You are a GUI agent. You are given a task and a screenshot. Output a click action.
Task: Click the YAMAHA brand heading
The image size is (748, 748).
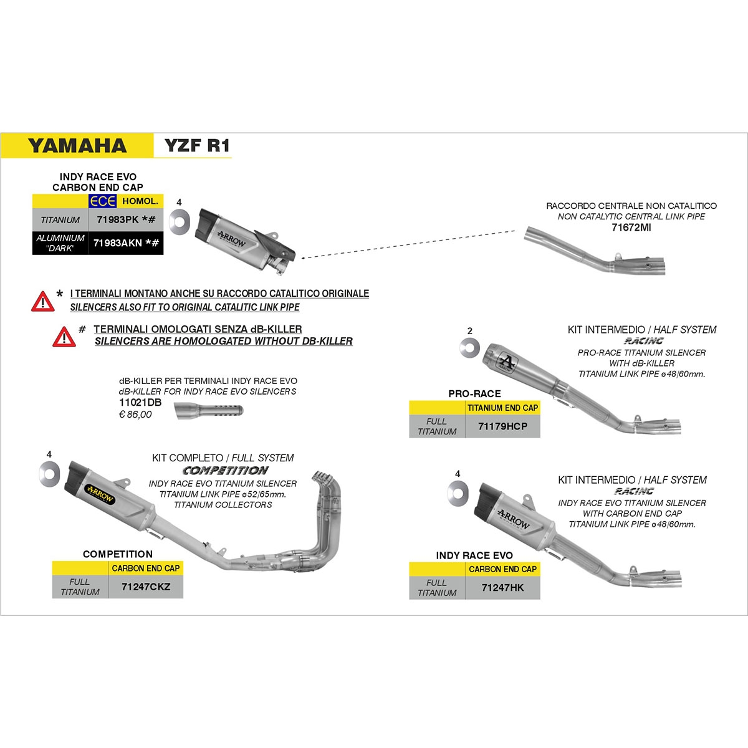pos(77,146)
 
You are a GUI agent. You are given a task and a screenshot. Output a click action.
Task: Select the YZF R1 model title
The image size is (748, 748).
pos(197,146)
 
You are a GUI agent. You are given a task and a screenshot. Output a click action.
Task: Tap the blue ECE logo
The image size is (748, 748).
pos(102,201)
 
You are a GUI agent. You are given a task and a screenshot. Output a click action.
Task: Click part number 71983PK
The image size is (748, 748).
pos(118,219)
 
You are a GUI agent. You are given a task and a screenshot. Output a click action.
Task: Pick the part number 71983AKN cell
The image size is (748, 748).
pos(126,243)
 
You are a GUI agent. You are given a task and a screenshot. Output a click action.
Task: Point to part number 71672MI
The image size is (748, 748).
pos(631,228)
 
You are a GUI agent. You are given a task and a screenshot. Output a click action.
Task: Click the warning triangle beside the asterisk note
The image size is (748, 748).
pos(43,302)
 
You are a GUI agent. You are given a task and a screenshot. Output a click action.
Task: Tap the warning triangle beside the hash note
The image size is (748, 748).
pos(64,337)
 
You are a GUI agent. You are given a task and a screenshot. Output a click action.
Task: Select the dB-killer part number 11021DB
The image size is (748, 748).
pos(140,403)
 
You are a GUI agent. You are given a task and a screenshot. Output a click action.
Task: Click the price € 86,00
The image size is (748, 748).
pos(135,415)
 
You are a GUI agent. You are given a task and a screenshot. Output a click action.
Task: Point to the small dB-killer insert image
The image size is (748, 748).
pos(208,411)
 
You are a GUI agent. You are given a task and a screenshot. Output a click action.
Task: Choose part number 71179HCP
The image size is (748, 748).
pos(502,426)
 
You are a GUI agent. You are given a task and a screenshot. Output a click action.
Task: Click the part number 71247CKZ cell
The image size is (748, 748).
pos(146,587)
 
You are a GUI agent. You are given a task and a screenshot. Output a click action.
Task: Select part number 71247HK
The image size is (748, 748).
pos(502,588)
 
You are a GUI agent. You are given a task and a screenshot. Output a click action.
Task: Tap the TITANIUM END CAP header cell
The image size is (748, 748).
pos(502,408)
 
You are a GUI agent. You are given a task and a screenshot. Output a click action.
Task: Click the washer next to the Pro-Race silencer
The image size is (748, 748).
pos(470,348)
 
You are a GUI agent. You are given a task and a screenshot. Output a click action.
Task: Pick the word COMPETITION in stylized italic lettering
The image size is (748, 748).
pos(226,471)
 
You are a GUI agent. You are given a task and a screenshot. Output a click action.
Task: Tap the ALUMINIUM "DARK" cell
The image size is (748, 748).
pos(60,243)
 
